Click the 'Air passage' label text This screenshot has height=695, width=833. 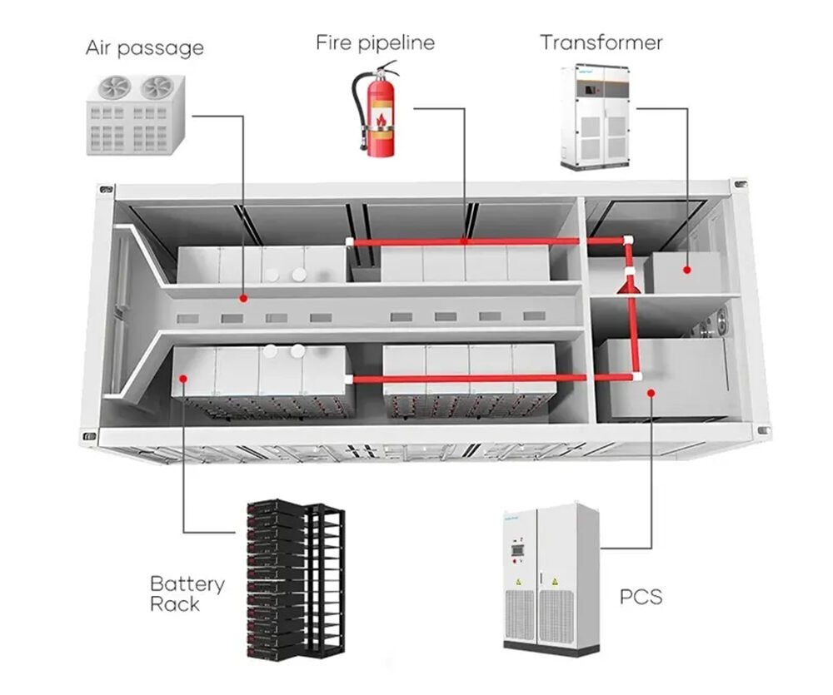tap(144, 47)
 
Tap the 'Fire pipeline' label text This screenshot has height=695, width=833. tap(375, 42)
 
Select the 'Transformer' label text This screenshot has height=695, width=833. tap(601, 42)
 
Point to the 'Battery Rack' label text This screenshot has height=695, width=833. tap(187, 593)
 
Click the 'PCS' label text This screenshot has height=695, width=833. tap(641, 597)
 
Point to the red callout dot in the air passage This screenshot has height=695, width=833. tap(242, 297)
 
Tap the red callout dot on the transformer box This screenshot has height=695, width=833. tap(686, 270)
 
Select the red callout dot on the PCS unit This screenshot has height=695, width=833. tap(651, 392)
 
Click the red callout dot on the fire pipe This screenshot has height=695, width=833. tap(465, 241)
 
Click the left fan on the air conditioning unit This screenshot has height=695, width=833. tap(113, 88)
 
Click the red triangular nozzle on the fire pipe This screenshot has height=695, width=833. tap(628, 285)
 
